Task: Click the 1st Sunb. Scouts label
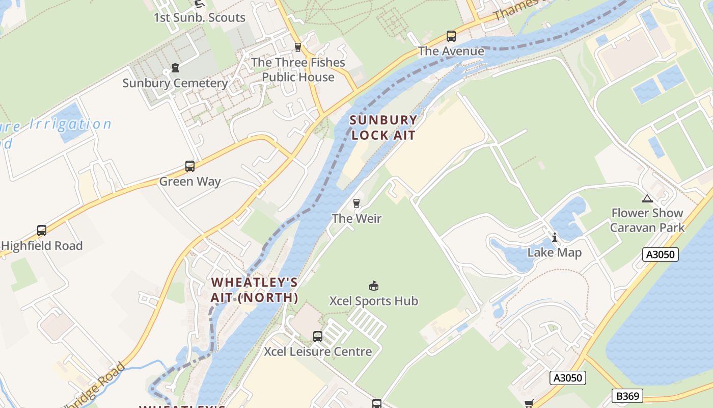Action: [200, 17]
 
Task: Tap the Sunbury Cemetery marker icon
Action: [175, 68]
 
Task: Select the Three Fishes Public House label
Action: [298, 70]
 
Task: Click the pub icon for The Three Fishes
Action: [298, 47]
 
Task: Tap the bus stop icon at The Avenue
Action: [451, 36]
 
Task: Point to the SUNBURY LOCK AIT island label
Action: [383, 127]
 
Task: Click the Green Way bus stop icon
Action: [190, 166]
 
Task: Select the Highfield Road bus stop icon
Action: [42, 231]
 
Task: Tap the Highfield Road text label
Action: [42, 246]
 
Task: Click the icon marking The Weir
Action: [356, 203]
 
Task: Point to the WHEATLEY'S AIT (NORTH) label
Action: [255, 290]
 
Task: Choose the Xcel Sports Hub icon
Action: [374, 286]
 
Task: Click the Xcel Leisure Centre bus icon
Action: [318, 337]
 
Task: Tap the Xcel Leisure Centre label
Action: [318, 352]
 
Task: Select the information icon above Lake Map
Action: [555, 237]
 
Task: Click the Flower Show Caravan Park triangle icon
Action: [647, 198]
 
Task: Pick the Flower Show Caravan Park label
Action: [647, 220]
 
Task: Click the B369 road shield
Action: [627, 396]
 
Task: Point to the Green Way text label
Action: [190, 182]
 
